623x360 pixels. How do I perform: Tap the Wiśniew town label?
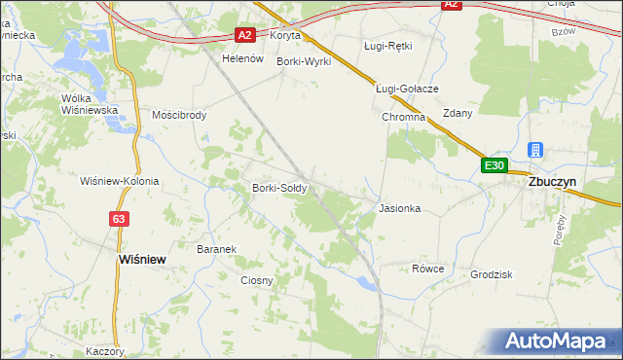point(139,260)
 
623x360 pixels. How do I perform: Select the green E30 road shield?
point(495,166)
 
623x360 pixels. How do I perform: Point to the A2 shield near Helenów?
point(246,36)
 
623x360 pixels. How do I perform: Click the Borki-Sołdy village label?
point(280,188)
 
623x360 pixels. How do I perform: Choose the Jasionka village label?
point(399,208)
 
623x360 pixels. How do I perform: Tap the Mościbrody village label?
point(180,114)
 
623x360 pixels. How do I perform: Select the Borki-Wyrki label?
point(304,61)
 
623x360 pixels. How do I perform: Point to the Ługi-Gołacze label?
point(408,89)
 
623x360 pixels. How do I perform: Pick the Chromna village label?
point(404,117)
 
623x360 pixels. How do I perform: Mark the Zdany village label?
point(458,113)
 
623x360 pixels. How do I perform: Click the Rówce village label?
point(427,269)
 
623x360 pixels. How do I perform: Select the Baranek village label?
point(217,249)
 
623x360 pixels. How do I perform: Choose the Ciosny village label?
point(257,280)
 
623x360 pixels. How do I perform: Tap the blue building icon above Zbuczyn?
point(534,150)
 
